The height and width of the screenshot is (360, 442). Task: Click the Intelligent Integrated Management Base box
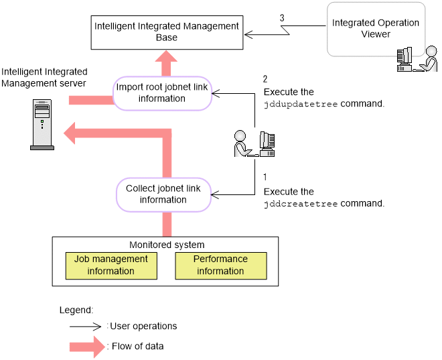(167, 32)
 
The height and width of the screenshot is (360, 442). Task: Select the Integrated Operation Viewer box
(376, 29)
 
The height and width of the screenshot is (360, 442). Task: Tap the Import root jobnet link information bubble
(162, 93)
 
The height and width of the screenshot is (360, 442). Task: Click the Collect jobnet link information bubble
(163, 194)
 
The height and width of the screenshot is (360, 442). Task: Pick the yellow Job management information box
(110, 265)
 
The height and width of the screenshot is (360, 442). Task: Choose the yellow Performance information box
(220, 265)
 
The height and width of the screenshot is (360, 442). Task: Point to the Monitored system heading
(167, 245)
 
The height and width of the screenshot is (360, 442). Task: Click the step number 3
(282, 17)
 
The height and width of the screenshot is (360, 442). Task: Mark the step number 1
(266, 178)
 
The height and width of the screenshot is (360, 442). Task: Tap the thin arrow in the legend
(87, 326)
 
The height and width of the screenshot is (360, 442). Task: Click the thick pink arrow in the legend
(87, 347)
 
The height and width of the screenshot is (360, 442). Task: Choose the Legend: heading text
(76, 310)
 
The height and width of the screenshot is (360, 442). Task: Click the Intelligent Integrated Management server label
(44, 77)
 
